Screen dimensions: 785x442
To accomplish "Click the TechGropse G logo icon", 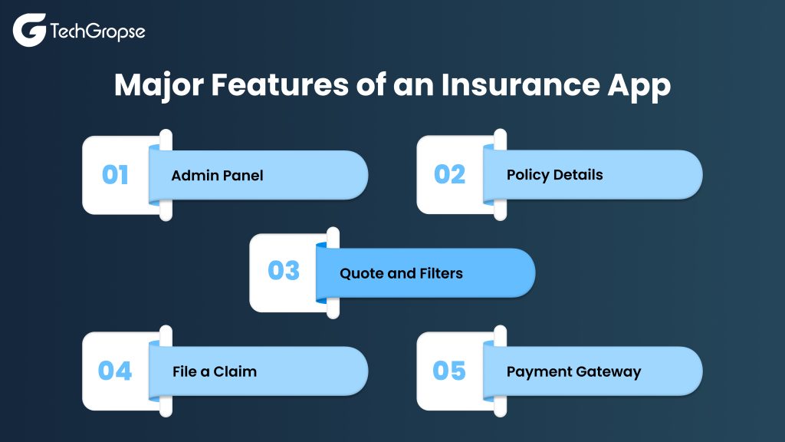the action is point(30,30).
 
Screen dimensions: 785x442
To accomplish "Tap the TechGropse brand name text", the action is point(97,31).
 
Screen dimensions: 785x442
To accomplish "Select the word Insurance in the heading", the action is point(520,84).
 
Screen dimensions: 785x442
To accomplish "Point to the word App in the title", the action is point(639,86).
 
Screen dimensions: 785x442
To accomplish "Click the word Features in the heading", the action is point(279,84).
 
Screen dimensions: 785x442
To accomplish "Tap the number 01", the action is point(115,175).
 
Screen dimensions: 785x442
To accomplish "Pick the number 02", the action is point(449,174).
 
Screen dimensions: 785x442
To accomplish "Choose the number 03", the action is point(284,271).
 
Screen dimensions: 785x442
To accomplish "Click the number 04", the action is point(115,371).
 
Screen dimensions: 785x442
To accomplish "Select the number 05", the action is point(449,371).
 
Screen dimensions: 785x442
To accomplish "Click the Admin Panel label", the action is point(217,176).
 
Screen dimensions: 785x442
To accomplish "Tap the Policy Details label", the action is point(555,175).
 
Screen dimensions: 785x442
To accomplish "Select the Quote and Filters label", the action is point(401,273).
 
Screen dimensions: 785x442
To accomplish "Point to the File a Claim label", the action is point(215,371).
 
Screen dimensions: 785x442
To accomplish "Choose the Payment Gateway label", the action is point(573,372).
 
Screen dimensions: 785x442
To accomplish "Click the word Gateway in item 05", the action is point(608,372).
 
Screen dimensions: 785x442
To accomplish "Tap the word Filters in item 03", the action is point(441,273).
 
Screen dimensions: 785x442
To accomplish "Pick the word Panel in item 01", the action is point(243,176).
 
